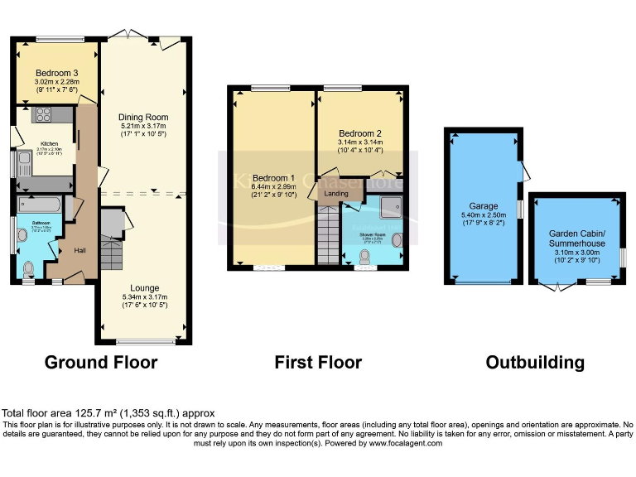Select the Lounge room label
pyautogui.click(x=143, y=288)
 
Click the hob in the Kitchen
pyautogui.click(x=43, y=115)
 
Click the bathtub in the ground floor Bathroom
pyautogui.click(x=42, y=205)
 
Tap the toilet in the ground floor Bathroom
pyautogui.click(x=30, y=267)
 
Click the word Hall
pyautogui.click(x=80, y=250)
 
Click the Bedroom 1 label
pyautogui.click(x=273, y=178)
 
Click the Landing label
pyautogui.click(x=336, y=194)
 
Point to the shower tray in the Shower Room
pyautogui.click(x=389, y=206)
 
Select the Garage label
pyautogui.click(x=484, y=205)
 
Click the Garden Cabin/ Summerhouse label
pyautogui.click(x=576, y=238)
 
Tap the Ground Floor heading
pyautogui.click(x=100, y=362)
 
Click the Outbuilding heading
pyautogui.click(x=534, y=362)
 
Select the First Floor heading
pyautogui.click(x=318, y=362)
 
